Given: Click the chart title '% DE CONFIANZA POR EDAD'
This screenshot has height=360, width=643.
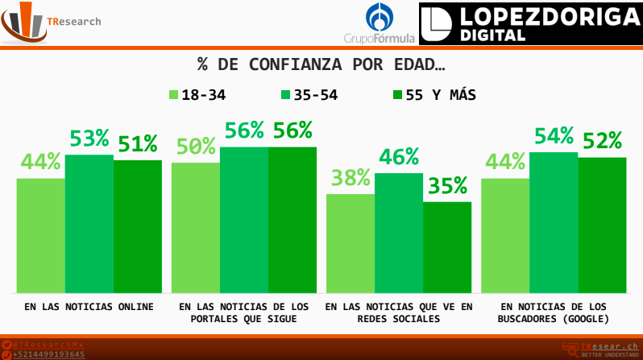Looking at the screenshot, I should [321, 64].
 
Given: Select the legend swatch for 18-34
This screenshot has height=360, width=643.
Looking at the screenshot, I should [173, 95].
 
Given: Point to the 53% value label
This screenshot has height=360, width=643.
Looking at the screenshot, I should [89, 139].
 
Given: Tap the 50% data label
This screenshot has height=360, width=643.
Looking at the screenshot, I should [196, 147].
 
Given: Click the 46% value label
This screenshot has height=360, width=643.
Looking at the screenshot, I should [400, 157].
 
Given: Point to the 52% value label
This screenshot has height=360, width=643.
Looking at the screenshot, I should [602, 141].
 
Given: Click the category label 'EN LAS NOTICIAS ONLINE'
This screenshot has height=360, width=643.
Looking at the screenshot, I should [89, 307].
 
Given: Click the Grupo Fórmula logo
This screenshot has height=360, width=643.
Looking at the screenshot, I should [380, 24].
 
